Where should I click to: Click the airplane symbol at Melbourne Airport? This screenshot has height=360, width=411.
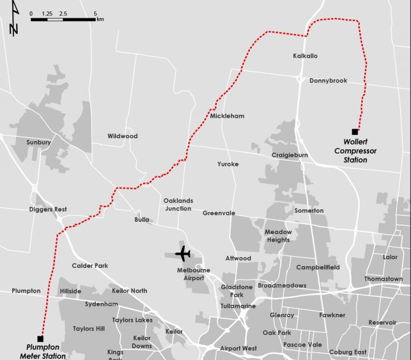182,253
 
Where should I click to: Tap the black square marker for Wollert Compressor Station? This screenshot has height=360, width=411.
355,131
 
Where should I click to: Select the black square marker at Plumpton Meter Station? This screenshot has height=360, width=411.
40,339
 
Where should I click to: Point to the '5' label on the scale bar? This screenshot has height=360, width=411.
95,13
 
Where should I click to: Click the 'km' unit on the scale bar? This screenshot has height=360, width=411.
101,19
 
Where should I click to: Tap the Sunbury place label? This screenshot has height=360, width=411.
39,142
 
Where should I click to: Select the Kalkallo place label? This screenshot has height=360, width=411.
306,56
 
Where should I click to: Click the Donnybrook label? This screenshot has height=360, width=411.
328,80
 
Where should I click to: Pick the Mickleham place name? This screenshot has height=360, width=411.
227,116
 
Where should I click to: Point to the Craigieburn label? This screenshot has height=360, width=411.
290,155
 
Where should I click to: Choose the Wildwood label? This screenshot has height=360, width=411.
123,136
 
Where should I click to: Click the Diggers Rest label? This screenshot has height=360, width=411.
48,209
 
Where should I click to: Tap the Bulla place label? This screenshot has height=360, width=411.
142,220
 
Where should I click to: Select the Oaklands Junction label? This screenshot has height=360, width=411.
178,205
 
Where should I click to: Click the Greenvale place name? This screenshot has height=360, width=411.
219,213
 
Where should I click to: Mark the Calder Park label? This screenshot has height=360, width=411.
90,266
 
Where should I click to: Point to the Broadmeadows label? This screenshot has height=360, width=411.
282,286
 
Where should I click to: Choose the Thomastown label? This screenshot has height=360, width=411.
384,279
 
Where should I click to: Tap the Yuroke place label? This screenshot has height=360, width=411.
228,164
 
